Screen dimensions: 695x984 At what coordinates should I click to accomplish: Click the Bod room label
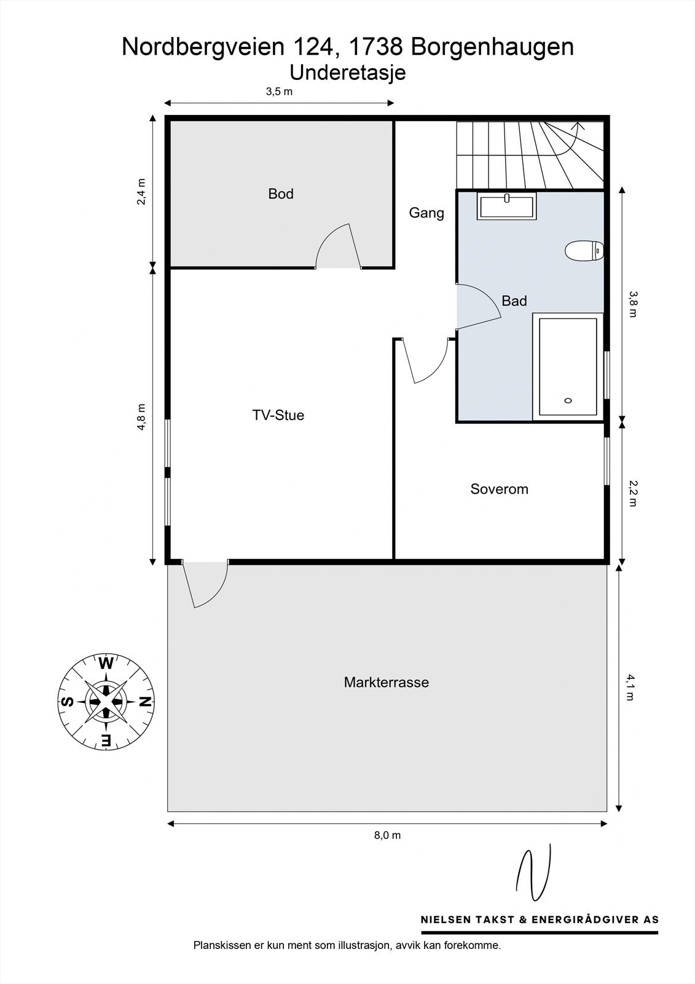point(281,194)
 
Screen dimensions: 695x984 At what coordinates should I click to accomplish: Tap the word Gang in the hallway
point(426,213)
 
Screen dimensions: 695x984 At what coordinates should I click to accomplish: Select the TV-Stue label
point(278,415)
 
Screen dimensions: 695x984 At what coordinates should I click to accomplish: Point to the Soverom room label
point(499,489)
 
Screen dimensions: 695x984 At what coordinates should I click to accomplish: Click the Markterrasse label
point(387,682)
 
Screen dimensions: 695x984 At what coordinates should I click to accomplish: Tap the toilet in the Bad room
point(584,251)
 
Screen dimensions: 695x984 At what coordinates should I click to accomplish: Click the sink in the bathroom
point(506,205)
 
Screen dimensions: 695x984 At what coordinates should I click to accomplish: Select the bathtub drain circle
point(568,400)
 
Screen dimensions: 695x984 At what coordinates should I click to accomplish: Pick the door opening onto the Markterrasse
point(205,584)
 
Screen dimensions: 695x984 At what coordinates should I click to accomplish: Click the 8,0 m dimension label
point(387,835)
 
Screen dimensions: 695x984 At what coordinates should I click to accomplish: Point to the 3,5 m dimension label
point(279,92)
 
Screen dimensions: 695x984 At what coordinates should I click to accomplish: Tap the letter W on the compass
point(106,663)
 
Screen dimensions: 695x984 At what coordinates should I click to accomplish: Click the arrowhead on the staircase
point(579,125)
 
